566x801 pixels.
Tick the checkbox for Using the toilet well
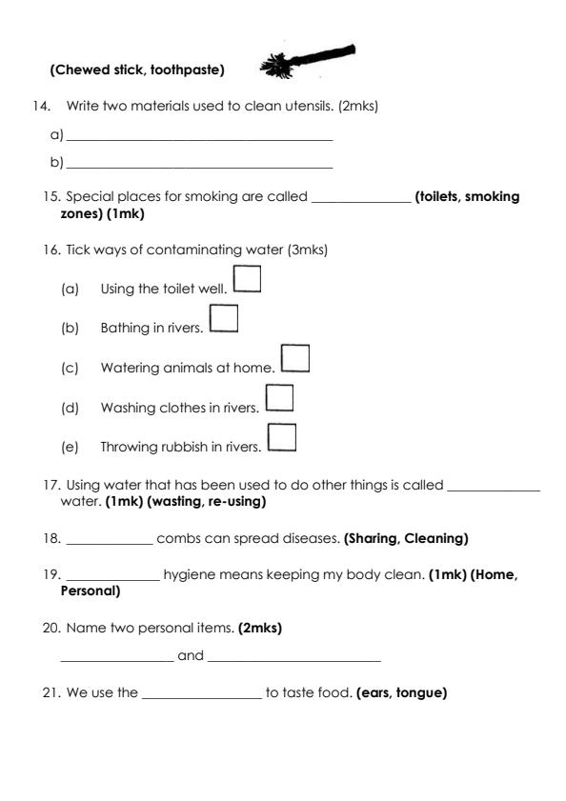pyautogui.click(x=247, y=279)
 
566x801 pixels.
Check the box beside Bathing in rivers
pyautogui.click(x=223, y=318)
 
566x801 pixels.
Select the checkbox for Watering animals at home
pyautogui.click(x=295, y=358)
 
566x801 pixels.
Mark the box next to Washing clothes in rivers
pyautogui.click(x=278, y=397)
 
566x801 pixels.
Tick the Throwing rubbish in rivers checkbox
pyautogui.click(x=282, y=436)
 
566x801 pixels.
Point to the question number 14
pyautogui.click(x=40, y=107)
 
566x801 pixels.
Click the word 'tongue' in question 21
pyautogui.click(x=422, y=692)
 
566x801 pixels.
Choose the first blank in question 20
pyautogui.click(x=116, y=658)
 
